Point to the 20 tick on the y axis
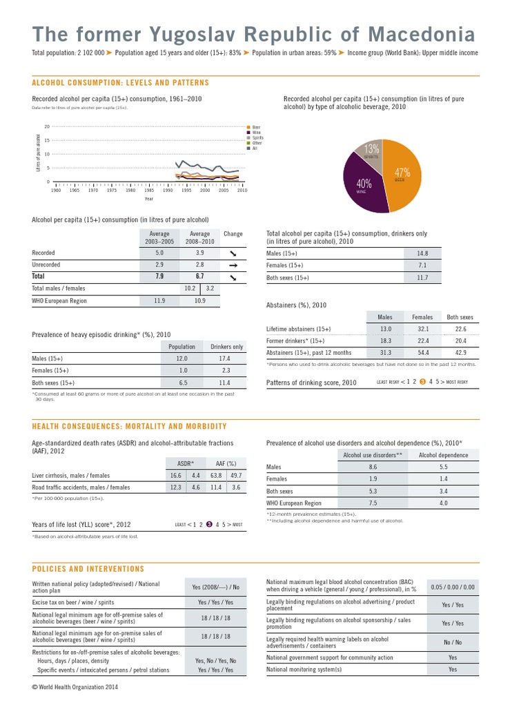click(47, 126)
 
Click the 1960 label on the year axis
click(57, 190)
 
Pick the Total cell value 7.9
click(159, 276)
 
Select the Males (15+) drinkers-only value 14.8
click(423, 253)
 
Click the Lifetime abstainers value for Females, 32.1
click(423, 329)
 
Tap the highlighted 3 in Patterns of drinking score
click(422, 381)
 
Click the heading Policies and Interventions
click(88, 569)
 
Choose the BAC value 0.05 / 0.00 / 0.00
click(452, 587)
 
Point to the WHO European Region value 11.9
click(159, 300)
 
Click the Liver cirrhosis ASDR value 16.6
click(175, 475)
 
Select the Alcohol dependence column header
click(443, 455)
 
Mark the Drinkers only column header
click(226, 347)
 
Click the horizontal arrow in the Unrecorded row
click(233, 264)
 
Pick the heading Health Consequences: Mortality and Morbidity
click(130, 427)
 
